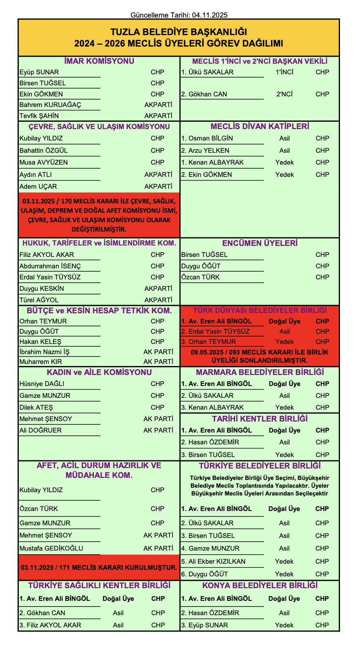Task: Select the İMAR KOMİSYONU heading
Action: [x=99, y=61]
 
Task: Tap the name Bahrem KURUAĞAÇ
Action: [x=50, y=105]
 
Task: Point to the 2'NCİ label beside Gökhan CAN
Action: [x=284, y=94]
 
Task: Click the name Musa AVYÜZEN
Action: [x=44, y=163]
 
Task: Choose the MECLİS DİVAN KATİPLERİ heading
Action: [x=260, y=127]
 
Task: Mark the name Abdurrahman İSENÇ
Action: [x=50, y=266]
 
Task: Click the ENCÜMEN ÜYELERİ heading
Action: [x=260, y=243]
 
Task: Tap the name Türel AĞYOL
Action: [x=39, y=300]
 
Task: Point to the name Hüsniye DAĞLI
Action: [x=42, y=384]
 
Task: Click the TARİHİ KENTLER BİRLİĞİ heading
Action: [x=260, y=419]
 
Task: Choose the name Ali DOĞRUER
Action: [x=40, y=431]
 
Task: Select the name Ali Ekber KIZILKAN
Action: [x=213, y=562]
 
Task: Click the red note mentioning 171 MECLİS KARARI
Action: [x=99, y=567]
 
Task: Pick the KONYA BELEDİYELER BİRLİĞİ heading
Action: [x=260, y=586]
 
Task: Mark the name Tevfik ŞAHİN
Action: [x=39, y=116]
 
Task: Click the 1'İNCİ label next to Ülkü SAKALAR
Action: [x=284, y=72]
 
